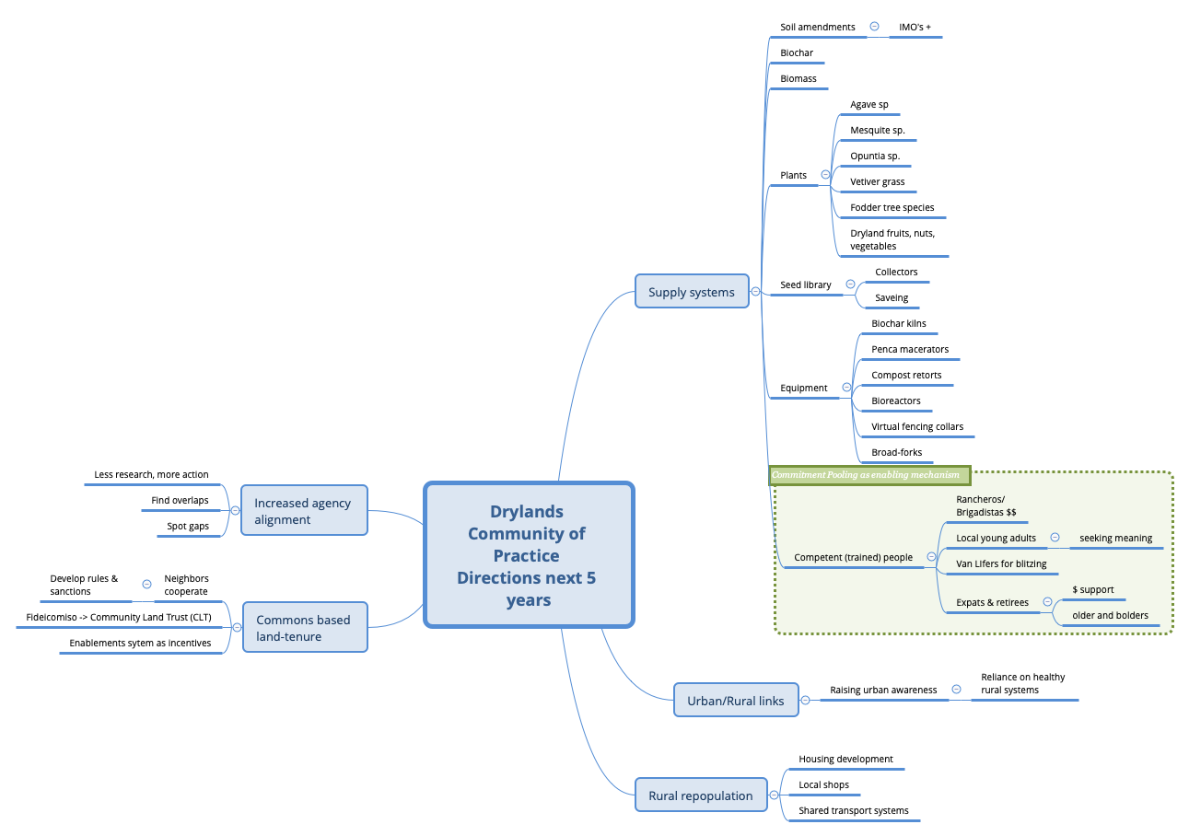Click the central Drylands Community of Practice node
pos(529,555)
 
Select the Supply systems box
pos(692,292)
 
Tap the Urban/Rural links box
pos(735,701)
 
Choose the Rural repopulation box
pos(700,795)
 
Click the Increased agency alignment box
pos(303,511)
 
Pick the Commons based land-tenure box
pos(304,628)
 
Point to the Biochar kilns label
pos(899,324)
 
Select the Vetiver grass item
pos(878,182)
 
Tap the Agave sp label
pos(869,105)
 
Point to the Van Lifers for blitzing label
pos(1001,563)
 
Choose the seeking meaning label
pos(1115,539)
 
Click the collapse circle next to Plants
pos(825,174)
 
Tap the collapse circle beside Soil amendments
pos(874,27)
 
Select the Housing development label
pos(845,760)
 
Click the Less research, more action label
pos(151,475)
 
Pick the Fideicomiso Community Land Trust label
pos(119,617)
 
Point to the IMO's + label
pos(915,28)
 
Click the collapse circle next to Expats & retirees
pos(1047,602)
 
